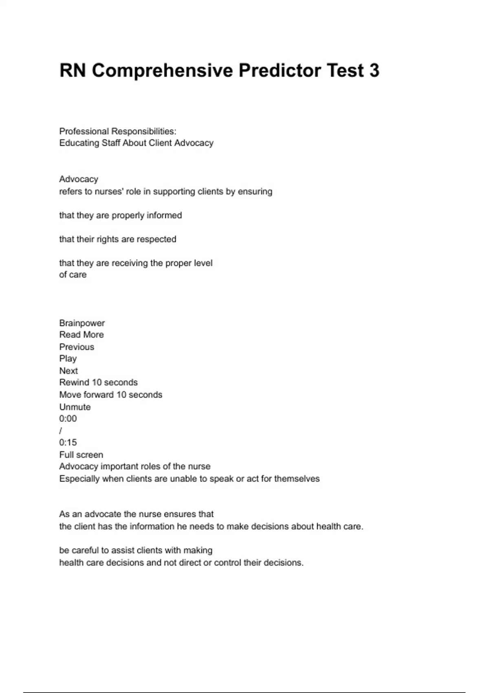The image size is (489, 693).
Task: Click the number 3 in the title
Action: [x=374, y=71]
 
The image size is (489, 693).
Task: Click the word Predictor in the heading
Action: [x=280, y=71]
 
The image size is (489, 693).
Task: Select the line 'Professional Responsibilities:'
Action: [x=118, y=131]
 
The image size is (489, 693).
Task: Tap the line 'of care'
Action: [x=73, y=275]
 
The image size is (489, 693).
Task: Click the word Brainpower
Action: [x=82, y=323]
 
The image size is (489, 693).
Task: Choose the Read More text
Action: [x=81, y=335]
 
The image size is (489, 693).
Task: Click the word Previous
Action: [x=77, y=347]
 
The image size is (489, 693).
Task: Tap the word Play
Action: [x=68, y=359]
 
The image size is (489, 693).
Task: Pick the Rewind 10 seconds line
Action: [x=98, y=382]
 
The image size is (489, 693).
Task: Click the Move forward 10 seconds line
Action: [x=110, y=395]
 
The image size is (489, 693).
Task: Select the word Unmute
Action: [x=75, y=407]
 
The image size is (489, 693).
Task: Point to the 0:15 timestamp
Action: [x=68, y=442]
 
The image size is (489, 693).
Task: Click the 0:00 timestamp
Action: [x=68, y=419]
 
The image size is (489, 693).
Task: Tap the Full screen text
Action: [x=81, y=455]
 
